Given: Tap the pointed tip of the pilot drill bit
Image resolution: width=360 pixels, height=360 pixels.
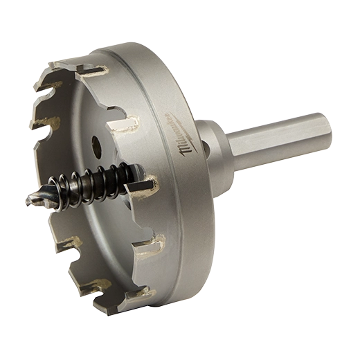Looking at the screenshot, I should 26,203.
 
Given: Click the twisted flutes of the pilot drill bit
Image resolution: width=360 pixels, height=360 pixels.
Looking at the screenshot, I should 46,198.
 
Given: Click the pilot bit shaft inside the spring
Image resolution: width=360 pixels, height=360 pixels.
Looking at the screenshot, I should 97,181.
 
